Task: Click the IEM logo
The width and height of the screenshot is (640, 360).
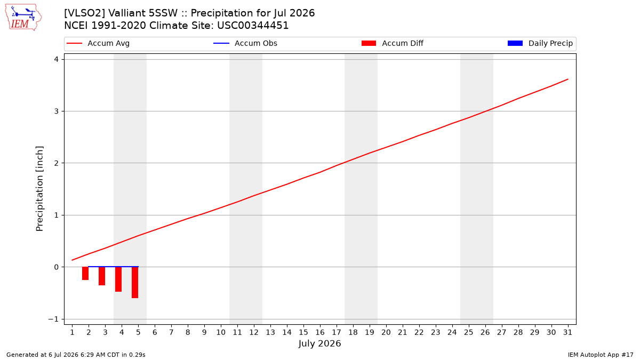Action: pos(23,18)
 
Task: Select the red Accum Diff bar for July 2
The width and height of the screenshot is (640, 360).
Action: pos(85,274)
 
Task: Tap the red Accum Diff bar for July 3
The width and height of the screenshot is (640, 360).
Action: pos(102,276)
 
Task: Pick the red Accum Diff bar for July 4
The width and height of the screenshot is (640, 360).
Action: pos(118,279)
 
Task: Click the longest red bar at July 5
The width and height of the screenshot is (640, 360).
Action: pos(135,283)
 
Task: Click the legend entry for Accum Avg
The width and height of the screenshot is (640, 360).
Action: pos(98,43)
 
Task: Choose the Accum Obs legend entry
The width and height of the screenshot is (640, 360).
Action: pos(245,43)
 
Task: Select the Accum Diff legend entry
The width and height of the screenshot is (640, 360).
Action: pos(393,43)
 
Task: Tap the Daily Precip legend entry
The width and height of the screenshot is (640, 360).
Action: pos(540,43)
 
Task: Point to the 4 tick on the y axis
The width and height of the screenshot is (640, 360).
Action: pos(56,59)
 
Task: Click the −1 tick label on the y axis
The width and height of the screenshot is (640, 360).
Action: pos(53,319)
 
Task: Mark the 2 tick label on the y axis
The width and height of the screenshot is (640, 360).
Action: pos(56,163)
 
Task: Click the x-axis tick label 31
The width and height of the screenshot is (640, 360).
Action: pos(567,332)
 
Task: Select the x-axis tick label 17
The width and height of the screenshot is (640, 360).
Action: pos(337,332)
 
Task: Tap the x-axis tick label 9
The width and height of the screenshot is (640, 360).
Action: pos(204,332)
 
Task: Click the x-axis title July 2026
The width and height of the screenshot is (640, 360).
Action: pos(319,343)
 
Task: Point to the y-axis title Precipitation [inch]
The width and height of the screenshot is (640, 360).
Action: pos(39,189)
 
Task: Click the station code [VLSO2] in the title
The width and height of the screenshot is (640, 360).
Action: pos(85,13)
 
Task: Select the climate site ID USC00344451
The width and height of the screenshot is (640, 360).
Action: pos(253,26)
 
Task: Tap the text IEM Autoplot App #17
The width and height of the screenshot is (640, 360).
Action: pos(601,355)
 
